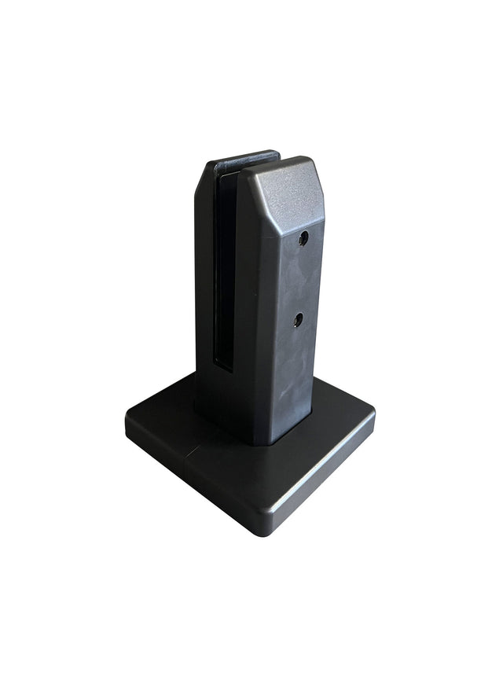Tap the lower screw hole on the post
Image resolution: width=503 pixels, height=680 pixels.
point(298,318)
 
